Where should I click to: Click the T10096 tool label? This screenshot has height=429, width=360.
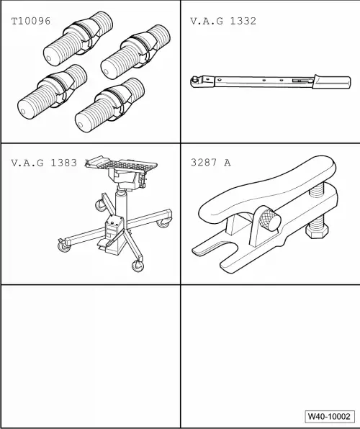tap(31, 21)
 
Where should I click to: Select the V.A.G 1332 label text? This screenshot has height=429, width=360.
tap(223, 21)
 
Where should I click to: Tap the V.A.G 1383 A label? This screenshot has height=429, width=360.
tap(50, 163)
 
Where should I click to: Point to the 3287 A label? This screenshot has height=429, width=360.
tap(211, 163)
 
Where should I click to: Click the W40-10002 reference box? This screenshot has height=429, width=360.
tap(329, 417)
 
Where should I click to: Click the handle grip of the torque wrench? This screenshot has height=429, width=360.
tap(332, 82)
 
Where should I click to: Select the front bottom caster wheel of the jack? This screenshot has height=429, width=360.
tap(138, 266)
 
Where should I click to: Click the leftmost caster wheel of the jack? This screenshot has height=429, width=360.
tap(64, 246)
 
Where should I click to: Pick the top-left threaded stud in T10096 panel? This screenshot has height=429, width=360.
tap(78, 39)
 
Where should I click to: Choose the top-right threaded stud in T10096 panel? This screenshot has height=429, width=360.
tap(135, 52)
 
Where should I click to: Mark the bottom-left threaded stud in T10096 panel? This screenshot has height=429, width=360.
tap(53, 91)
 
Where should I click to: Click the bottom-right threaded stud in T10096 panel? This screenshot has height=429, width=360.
tap(109, 105)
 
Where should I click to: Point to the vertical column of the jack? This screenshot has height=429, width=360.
tap(121, 208)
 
